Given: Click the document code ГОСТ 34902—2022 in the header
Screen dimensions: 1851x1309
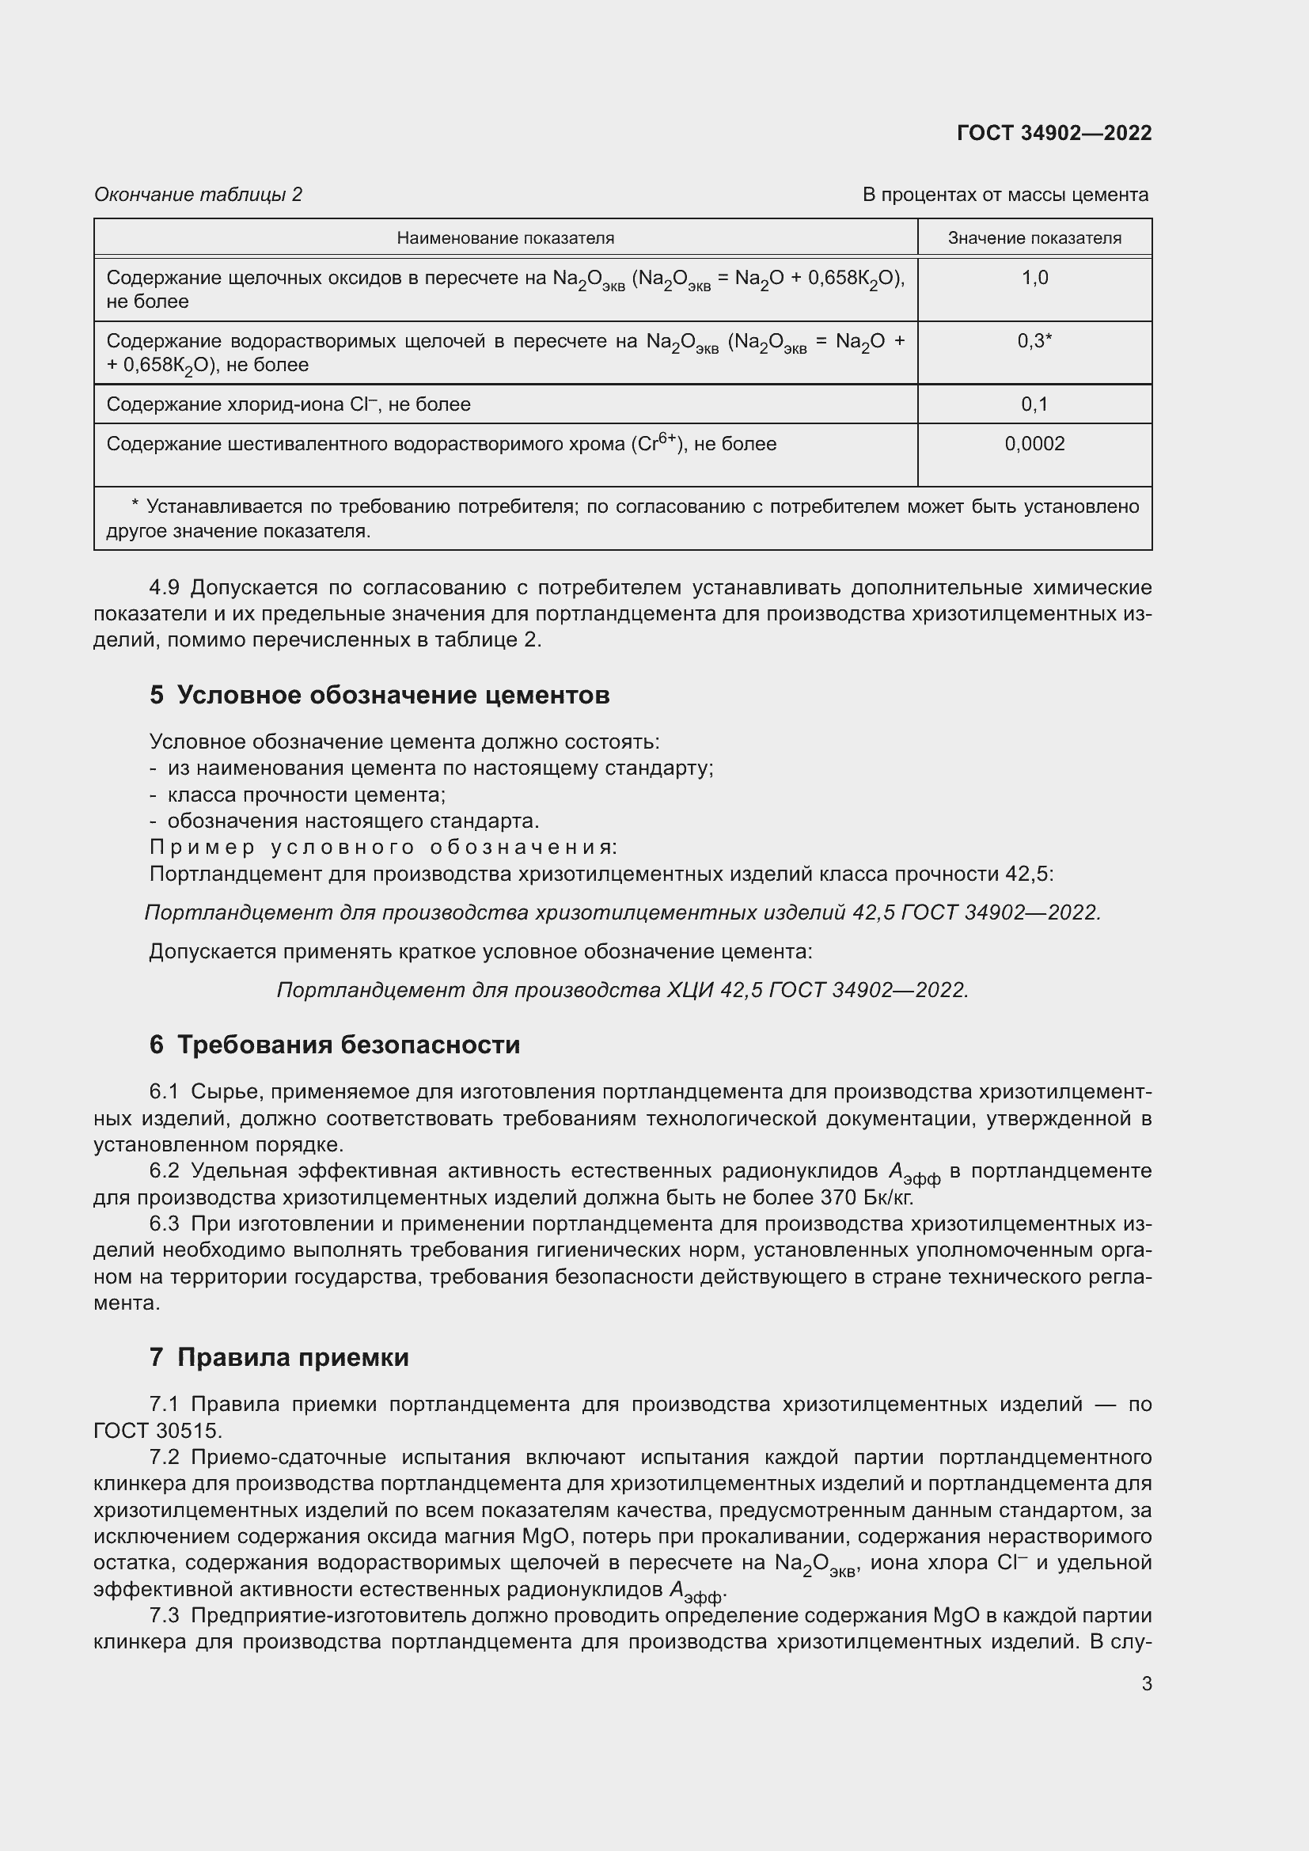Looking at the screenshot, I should tap(1053, 133).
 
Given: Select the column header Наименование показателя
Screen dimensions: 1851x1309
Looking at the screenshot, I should tap(506, 238).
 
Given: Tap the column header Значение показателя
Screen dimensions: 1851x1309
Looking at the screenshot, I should tap(1034, 238).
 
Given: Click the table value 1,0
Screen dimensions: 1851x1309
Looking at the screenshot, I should tap(1034, 278).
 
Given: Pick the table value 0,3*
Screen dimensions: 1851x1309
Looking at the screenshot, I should tap(1034, 341).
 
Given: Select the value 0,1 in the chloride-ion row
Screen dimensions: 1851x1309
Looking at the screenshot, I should tap(1034, 404).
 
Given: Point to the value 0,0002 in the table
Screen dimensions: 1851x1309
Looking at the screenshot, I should tap(1034, 443).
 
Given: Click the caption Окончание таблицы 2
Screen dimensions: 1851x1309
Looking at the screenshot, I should tap(199, 195).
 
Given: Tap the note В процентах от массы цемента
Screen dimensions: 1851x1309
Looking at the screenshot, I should tap(1005, 195).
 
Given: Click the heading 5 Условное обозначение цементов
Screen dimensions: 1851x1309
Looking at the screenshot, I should tap(379, 694).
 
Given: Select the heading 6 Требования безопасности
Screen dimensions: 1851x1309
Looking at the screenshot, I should tap(334, 1044).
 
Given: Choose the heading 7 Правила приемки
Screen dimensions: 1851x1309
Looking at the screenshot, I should tap(278, 1357).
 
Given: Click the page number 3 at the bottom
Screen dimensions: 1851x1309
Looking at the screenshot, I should tap(1146, 1683).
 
